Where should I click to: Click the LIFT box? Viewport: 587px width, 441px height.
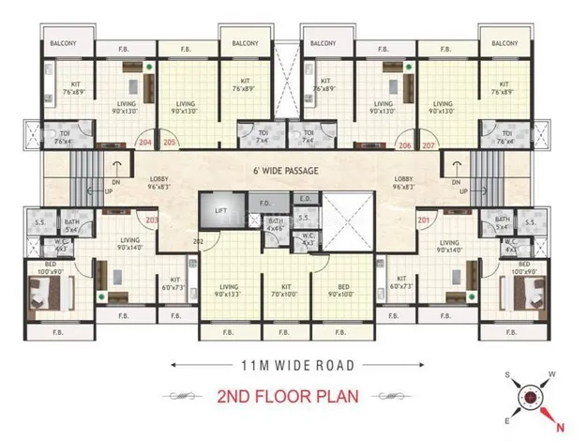pyautogui.click(x=221, y=212)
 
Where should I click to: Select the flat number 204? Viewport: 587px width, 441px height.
pyautogui.click(x=144, y=144)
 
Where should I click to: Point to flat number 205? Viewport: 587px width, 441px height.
pyautogui.click(x=169, y=144)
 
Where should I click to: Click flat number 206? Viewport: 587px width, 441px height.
pyautogui.click(x=404, y=145)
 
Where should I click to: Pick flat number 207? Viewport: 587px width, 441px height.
pyautogui.click(x=429, y=145)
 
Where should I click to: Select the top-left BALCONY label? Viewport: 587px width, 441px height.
pyautogui.click(x=63, y=43)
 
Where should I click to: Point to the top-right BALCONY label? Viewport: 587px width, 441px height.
pyautogui.click(x=504, y=43)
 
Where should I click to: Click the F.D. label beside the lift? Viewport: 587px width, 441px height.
pyautogui.click(x=265, y=202)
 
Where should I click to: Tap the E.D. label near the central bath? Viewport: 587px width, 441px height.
pyautogui.click(x=306, y=200)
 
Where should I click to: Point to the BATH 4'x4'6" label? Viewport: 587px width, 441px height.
pyautogui.click(x=275, y=223)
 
